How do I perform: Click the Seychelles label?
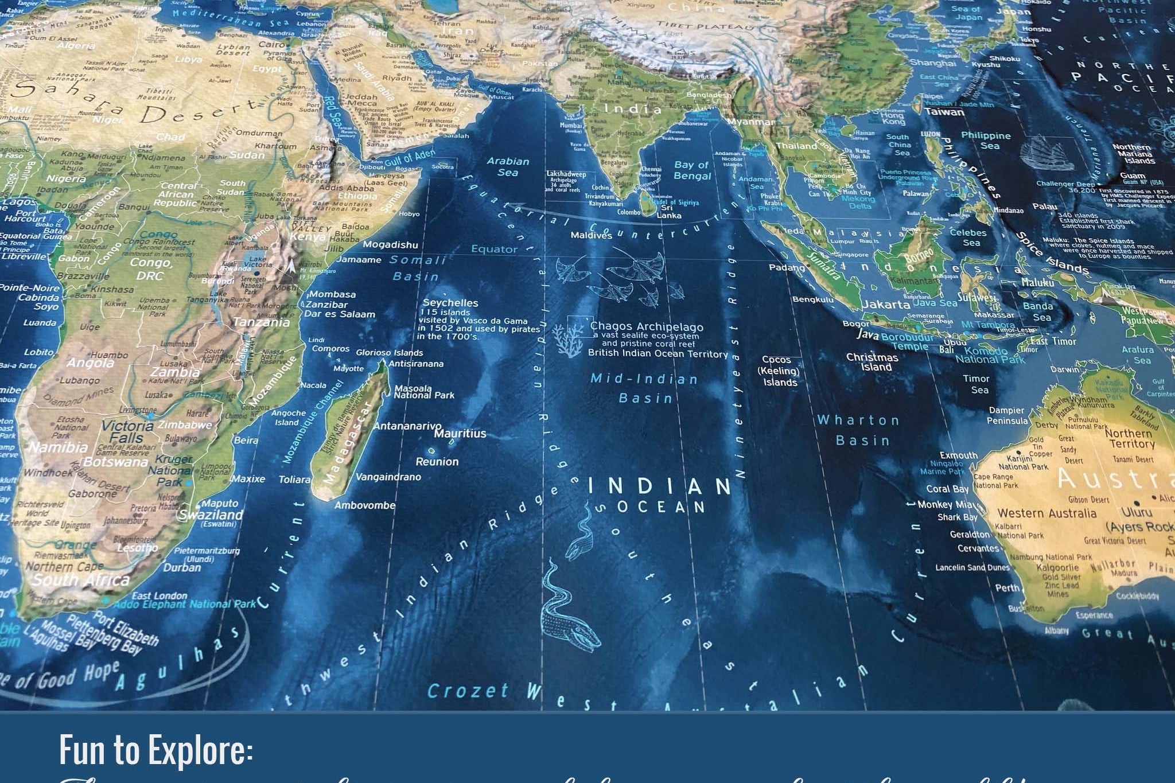[x=450, y=303]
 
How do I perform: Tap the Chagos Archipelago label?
[x=647, y=326]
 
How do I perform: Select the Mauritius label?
[x=460, y=434]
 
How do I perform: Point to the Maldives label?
[x=591, y=235]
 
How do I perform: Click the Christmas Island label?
[x=871, y=362]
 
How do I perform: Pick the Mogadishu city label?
[x=390, y=245]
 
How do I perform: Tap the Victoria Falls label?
[x=127, y=432]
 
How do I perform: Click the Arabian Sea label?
[x=508, y=166]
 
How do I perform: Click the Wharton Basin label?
[x=858, y=430]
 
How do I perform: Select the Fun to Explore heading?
[x=156, y=749]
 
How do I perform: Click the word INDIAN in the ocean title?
[x=659, y=486]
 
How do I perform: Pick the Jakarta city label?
[x=886, y=304]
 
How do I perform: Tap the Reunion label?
[x=437, y=461]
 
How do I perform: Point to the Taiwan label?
[x=944, y=112]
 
